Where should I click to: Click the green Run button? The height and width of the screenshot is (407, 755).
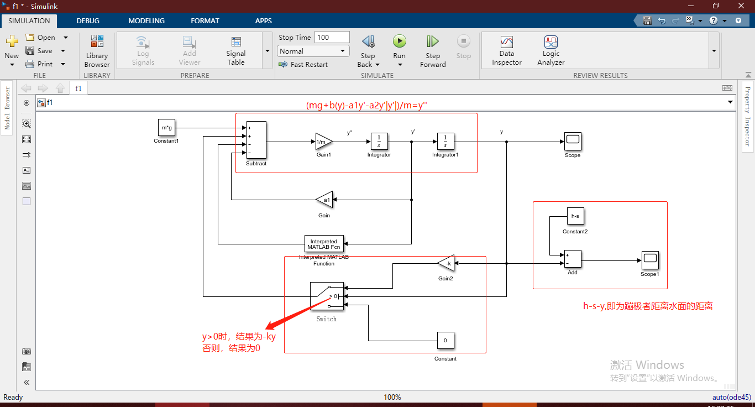coord(399,41)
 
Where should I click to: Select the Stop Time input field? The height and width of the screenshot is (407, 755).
coord(332,37)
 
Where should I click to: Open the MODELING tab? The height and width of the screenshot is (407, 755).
coord(146,20)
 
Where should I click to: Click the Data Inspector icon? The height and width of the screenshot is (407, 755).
coord(506,43)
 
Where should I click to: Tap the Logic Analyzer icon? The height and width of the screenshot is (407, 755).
coord(550,43)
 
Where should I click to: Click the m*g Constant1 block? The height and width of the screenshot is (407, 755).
coord(166,128)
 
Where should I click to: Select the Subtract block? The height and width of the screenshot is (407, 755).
coord(256,140)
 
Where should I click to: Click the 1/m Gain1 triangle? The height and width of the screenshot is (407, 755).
coord(323,142)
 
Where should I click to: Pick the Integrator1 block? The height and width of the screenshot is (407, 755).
coord(445,142)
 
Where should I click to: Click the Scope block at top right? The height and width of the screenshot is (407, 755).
coord(573,142)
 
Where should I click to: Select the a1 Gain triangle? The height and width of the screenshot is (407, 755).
coord(324,200)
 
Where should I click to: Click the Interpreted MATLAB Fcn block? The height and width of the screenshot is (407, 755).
coord(324,244)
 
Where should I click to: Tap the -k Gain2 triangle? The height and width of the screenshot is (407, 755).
coord(446,264)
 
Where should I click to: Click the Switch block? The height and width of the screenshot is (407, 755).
coord(327,296)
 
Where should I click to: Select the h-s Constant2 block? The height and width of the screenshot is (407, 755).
coord(575,216)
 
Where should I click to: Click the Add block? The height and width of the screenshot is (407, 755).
coord(573,259)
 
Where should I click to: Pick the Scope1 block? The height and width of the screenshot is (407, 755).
coord(649,260)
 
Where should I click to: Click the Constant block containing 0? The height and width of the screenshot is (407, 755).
coord(445,341)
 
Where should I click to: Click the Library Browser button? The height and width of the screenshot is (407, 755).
coord(97,51)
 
